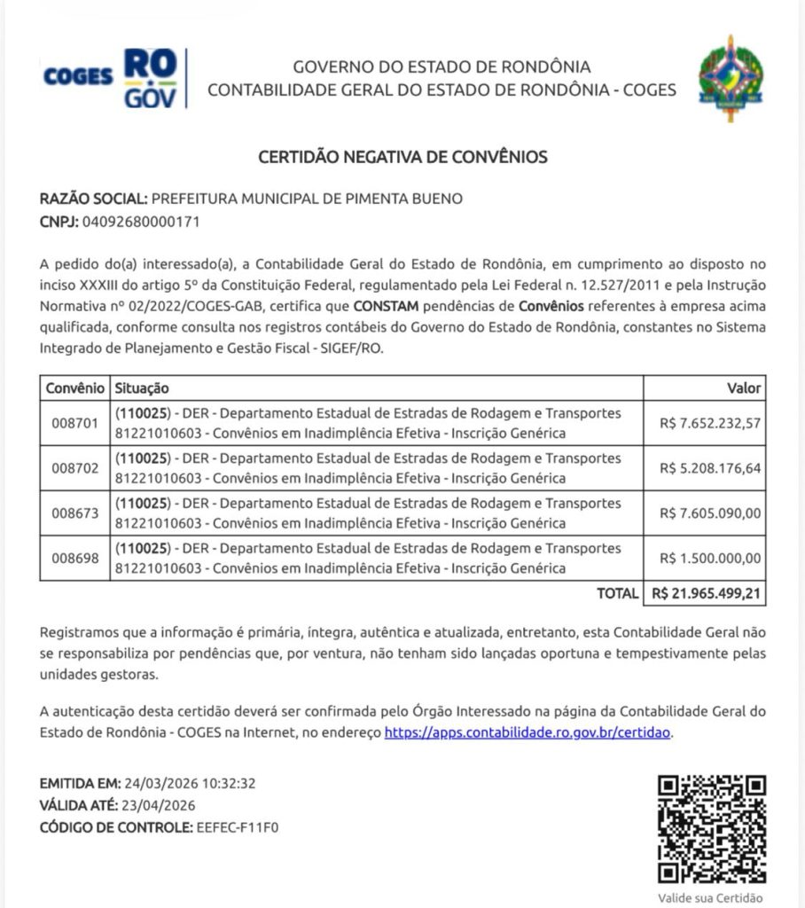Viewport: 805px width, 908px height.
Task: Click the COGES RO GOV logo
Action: [111, 78]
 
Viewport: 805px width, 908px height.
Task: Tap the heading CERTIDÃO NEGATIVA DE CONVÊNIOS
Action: [402, 158]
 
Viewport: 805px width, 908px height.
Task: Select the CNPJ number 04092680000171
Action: [140, 222]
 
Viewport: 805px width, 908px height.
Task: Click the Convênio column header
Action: [74, 388]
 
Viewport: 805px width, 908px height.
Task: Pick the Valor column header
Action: [743, 388]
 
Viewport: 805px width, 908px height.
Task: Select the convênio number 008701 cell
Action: [74, 424]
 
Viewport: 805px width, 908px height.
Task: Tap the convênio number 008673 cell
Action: [74, 513]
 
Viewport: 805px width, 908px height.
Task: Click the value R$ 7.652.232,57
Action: [710, 424]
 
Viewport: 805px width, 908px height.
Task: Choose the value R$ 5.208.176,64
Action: [710, 468]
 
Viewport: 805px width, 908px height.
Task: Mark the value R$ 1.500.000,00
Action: [710, 559]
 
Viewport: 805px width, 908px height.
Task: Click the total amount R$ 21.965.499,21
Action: [706, 593]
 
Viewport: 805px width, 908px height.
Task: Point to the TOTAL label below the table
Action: [617, 593]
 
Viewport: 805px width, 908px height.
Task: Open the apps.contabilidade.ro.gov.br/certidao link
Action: [528, 733]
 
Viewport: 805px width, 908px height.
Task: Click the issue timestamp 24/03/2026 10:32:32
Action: [190, 784]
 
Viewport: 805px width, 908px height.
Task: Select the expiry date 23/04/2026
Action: [159, 806]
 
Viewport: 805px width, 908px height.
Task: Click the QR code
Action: [711, 829]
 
